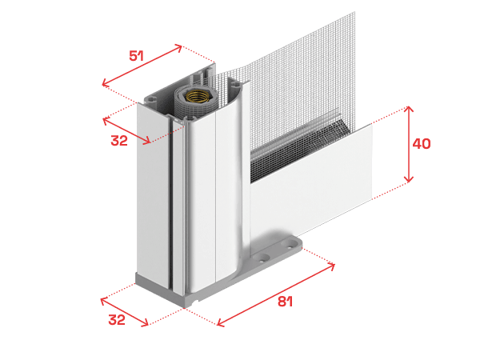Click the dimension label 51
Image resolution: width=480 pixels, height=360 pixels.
click(136, 56)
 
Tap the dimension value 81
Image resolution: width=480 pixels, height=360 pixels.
click(286, 302)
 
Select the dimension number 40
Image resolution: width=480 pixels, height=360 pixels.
click(422, 143)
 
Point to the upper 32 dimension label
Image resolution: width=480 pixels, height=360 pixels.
click(119, 141)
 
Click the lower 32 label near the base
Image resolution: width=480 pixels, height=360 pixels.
click(117, 320)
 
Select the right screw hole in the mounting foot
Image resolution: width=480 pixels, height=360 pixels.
click(289, 243)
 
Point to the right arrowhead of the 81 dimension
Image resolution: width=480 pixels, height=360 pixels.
click(331, 266)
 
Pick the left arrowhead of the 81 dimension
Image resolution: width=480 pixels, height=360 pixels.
click(221, 322)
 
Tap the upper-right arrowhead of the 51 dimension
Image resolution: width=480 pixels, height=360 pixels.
click(178, 47)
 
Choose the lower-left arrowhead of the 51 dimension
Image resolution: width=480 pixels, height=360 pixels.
click(106, 82)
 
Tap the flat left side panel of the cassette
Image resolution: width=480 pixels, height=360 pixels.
click(153, 196)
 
